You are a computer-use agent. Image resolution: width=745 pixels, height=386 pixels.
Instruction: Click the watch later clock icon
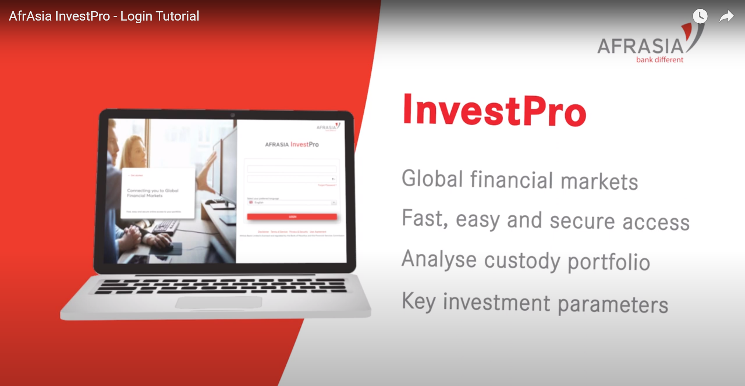[x=700, y=16]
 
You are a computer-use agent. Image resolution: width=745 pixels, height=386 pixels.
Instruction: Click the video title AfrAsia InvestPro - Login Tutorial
[x=104, y=16]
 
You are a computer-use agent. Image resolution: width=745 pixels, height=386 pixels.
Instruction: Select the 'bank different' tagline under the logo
[x=659, y=60]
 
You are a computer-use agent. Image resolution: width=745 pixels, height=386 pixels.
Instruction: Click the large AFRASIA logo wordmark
[x=640, y=46]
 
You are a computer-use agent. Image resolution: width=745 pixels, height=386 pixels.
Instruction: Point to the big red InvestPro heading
[x=494, y=111]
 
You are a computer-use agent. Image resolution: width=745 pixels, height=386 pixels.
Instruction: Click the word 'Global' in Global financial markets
[x=432, y=179]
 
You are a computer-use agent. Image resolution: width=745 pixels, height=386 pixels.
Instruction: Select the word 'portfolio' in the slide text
[x=608, y=262]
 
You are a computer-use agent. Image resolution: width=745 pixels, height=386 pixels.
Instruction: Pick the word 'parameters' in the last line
[x=613, y=305]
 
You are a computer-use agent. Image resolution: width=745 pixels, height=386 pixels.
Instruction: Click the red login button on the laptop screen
[x=292, y=216]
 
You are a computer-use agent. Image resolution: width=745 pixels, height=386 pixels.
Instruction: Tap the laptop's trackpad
[x=218, y=302]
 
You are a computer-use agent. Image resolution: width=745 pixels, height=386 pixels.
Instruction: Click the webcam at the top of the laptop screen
[x=232, y=115]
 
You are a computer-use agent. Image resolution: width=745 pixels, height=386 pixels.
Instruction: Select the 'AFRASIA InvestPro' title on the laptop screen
[x=292, y=144]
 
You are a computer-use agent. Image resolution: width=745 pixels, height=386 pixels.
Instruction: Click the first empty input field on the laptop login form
[x=292, y=169]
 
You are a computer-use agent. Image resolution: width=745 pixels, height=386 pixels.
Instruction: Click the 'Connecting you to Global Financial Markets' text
[x=152, y=193]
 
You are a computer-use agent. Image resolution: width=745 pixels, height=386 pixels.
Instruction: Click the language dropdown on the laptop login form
[x=292, y=203]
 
